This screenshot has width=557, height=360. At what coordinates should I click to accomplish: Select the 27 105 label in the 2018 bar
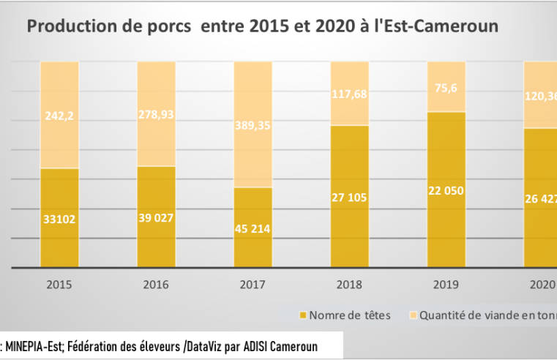(350, 198)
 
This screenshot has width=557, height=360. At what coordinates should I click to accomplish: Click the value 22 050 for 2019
(446, 190)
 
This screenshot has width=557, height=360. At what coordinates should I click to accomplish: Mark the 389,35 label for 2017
(253, 127)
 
